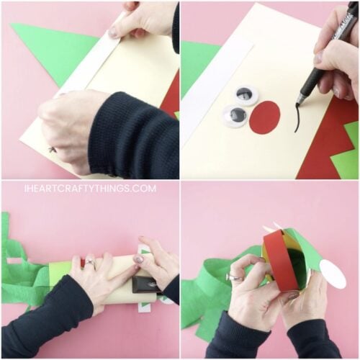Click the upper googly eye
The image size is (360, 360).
coord(246,94)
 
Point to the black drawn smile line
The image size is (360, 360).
coord(296,120)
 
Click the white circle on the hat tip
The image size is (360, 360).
coord(332,274)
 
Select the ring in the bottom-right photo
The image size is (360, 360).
coord(235,277)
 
